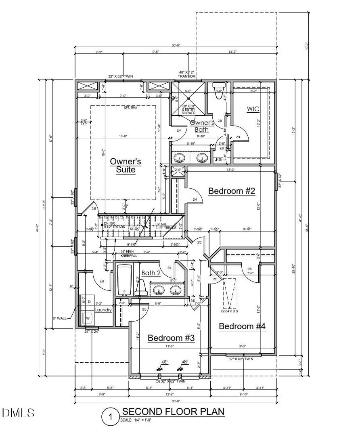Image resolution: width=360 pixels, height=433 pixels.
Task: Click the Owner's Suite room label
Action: pyautogui.click(x=126, y=166)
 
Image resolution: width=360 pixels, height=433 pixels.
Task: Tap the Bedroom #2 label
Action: pyautogui.click(x=232, y=191)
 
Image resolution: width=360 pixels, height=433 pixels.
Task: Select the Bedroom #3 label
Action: pyautogui.click(x=171, y=338)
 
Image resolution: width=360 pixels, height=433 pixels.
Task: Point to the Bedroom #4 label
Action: pyautogui.click(x=242, y=326)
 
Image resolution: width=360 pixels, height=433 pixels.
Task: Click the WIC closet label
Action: pyautogui.click(x=253, y=109)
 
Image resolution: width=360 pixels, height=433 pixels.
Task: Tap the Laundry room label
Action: pyautogui.click(x=103, y=310)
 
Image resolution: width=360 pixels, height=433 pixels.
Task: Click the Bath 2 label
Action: pyautogui.click(x=151, y=273)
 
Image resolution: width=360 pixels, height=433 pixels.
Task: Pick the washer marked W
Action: pyautogui.click(x=87, y=318)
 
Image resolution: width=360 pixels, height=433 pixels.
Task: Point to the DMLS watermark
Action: pyautogui.click(x=18, y=413)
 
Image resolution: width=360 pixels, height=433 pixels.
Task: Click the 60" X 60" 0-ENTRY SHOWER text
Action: pyautogui.click(x=188, y=110)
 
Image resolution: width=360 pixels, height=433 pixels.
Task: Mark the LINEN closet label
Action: pyautogui.click(x=218, y=160)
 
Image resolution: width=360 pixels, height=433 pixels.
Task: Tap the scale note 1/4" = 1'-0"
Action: pyautogui.click(x=135, y=421)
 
